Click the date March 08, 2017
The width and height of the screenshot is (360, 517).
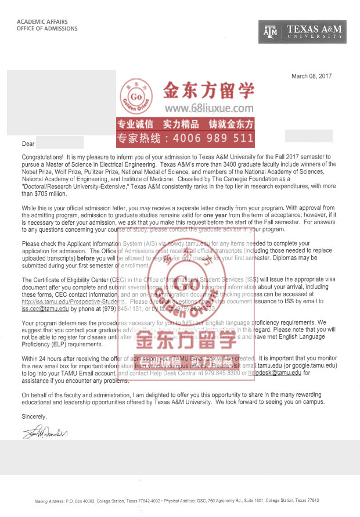(x=311, y=76)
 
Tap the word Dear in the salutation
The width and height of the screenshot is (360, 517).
(x=28, y=143)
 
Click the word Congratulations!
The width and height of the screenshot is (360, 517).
(x=42, y=157)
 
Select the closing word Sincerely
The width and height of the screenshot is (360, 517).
(x=34, y=417)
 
